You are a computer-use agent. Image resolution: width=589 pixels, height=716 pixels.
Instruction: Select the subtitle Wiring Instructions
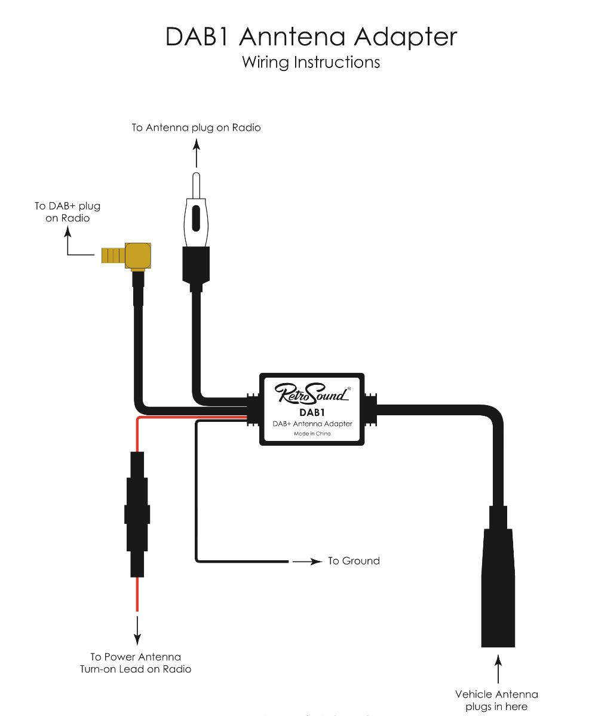311,62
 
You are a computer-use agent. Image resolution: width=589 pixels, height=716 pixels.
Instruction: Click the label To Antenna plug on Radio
196,128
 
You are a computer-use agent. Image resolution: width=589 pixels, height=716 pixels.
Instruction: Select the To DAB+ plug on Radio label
68,212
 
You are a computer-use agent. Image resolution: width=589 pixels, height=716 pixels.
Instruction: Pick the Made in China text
312,434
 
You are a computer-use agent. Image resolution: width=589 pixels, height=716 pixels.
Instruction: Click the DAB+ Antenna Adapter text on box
312,424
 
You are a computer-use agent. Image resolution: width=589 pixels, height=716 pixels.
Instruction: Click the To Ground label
354,561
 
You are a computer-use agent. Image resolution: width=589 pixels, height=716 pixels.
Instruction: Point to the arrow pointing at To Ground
307,561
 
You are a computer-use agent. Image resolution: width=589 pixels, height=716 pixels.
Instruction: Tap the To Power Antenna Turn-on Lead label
136,663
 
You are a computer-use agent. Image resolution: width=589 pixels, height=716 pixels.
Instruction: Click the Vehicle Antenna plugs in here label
496,700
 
